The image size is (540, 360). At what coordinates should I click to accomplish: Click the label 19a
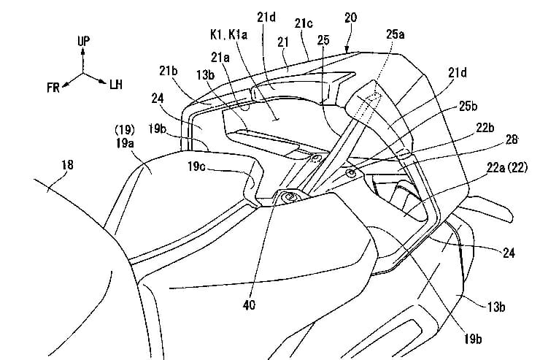(x=122, y=145)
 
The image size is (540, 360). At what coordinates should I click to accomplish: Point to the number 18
(x=67, y=166)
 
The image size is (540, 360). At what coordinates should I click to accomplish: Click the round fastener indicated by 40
(x=288, y=196)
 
